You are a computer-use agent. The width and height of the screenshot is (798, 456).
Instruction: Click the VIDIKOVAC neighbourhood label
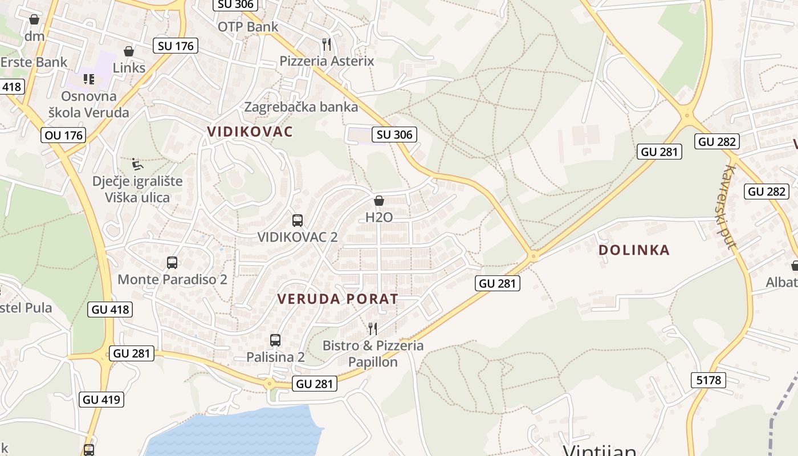click(x=250, y=132)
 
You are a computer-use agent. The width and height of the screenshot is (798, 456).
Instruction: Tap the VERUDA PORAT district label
click(x=337, y=299)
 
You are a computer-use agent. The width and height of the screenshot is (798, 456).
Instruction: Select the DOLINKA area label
click(x=634, y=250)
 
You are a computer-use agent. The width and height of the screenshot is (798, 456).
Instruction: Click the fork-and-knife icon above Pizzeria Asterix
click(x=327, y=44)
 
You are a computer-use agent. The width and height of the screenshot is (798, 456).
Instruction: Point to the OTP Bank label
click(x=248, y=27)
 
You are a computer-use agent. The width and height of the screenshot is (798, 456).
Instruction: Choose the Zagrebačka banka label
click(x=301, y=107)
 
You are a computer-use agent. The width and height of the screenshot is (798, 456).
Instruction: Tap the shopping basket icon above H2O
click(x=379, y=201)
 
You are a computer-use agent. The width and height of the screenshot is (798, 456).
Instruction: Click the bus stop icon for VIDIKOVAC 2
click(x=297, y=220)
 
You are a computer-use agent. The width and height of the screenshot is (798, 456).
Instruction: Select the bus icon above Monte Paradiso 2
click(x=172, y=263)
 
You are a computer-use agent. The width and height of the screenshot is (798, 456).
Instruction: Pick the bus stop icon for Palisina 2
click(x=275, y=340)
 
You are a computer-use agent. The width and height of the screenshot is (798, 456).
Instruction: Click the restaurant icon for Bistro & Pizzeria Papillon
click(x=373, y=328)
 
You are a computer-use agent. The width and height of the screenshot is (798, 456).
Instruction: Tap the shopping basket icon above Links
click(x=129, y=51)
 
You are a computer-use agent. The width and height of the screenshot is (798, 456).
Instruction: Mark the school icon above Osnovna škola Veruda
click(x=89, y=79)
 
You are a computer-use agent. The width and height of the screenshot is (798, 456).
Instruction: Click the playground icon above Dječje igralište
click(x=137, y=164)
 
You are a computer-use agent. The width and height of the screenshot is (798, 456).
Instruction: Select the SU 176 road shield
click(x=176, y=46)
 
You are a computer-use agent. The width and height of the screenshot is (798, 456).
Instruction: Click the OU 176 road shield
click(x=63, y=135)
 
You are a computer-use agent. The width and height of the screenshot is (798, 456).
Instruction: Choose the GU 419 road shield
click(x=102, y=400)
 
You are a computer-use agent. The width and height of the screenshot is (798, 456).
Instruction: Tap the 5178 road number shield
click(x=709, y=380)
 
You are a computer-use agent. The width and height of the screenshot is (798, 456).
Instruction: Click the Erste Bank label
click(x=34, y=62)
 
